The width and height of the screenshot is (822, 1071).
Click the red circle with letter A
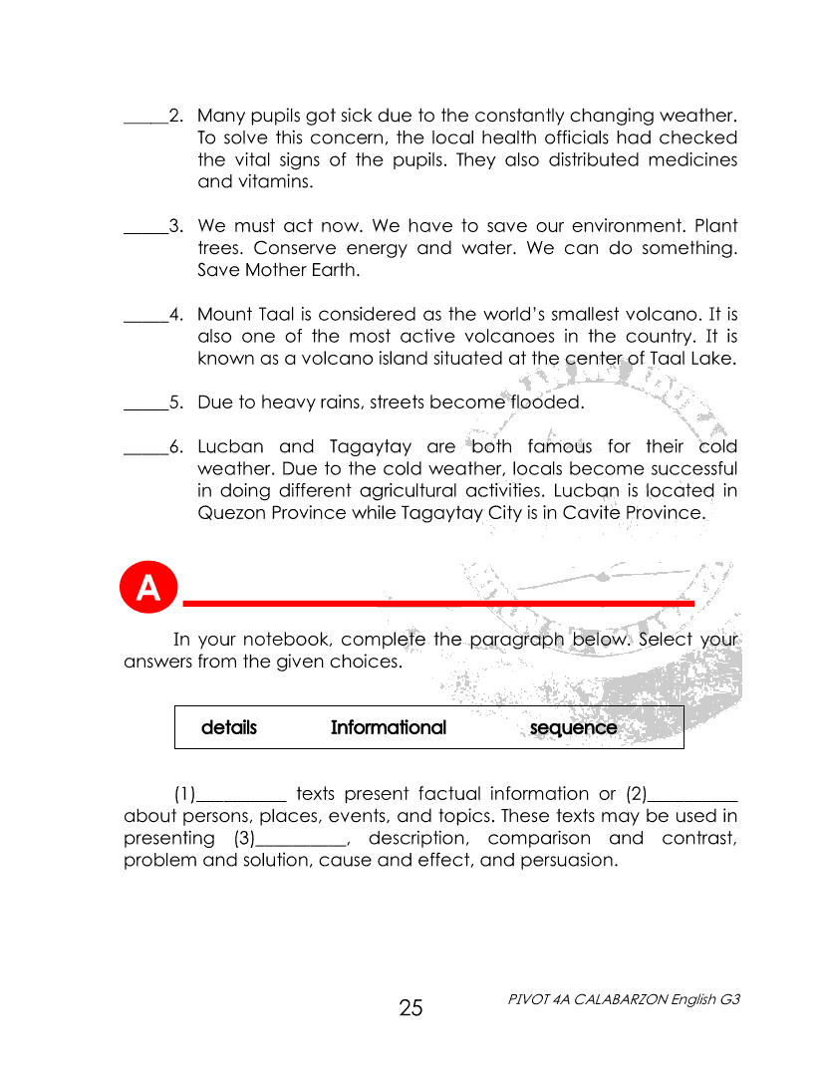(147, 588)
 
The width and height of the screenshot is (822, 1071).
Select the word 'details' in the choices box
(229, 727)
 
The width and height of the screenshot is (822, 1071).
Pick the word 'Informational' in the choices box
(389, 727)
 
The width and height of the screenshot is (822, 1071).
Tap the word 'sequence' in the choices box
(573, 727)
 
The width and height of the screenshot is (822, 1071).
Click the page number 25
(411, 1008)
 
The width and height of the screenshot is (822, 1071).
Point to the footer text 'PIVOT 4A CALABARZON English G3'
(624, 998)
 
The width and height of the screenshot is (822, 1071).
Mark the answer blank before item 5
(144, 406)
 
